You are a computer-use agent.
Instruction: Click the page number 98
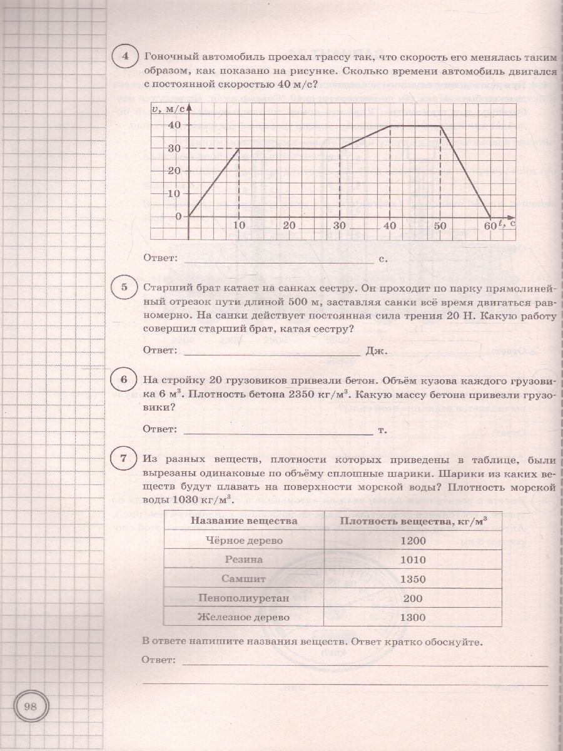point(30,708)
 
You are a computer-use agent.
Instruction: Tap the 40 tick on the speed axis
point(175,125)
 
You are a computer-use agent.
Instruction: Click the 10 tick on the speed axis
point(175,193)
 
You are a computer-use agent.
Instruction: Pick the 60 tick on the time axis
point(490,225)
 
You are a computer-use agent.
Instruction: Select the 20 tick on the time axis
point(289,225)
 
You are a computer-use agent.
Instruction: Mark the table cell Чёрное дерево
point(245,541)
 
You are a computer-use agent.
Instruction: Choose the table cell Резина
point(245,559)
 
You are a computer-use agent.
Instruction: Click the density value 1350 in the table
point(413,579)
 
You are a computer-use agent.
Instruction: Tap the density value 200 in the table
point(413,598)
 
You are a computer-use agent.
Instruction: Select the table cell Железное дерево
point(245,618)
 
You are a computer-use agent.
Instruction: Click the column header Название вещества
point(245,521)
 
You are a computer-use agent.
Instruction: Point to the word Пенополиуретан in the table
point(245,598)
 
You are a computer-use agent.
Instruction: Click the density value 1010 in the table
point(413,559)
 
